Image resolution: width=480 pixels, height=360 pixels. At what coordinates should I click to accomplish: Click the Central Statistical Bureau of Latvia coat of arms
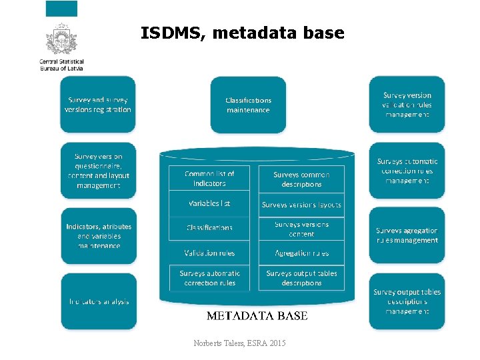tap(61, 40)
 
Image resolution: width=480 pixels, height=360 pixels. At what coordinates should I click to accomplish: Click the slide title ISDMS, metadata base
tap(243, 33)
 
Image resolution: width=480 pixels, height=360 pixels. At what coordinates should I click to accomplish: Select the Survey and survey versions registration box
tap(98, 105)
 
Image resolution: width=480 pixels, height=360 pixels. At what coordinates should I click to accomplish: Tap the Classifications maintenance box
tap(248, 105)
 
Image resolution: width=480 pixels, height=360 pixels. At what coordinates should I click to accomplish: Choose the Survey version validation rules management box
tap(407, 105)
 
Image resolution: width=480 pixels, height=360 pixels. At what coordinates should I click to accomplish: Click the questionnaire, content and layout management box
tap(98, 171)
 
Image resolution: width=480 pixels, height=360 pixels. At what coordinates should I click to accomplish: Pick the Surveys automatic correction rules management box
tap(407, 171)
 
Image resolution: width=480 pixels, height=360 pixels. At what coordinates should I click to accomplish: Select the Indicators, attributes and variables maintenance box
tap(98, 236)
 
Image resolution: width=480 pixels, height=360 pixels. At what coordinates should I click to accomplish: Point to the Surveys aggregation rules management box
tap(407, 235)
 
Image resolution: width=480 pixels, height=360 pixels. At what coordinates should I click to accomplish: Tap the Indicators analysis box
tap(98, 301)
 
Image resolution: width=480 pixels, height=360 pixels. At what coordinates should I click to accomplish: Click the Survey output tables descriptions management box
tap(407, 301)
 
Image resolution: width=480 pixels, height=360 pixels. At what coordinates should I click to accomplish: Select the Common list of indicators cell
tap(209, 178)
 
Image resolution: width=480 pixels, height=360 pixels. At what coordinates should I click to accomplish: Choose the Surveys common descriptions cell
tap(301, 179)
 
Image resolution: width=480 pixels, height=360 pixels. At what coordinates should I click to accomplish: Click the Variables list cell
tap(209, 203)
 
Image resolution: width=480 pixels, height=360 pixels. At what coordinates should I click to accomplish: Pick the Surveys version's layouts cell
tap(301, 205)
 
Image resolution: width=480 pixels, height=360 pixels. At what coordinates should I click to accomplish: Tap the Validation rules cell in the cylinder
tap(209, 253)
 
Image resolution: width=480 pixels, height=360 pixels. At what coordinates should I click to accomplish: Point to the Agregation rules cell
tap(301, 253)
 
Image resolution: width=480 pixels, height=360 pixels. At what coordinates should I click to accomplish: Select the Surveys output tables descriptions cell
tap(301, 278)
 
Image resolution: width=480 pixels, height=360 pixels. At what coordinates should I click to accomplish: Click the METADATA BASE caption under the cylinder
tap(257, 315)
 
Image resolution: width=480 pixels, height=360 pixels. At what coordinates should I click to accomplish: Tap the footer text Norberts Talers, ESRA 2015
tap(239, 343)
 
